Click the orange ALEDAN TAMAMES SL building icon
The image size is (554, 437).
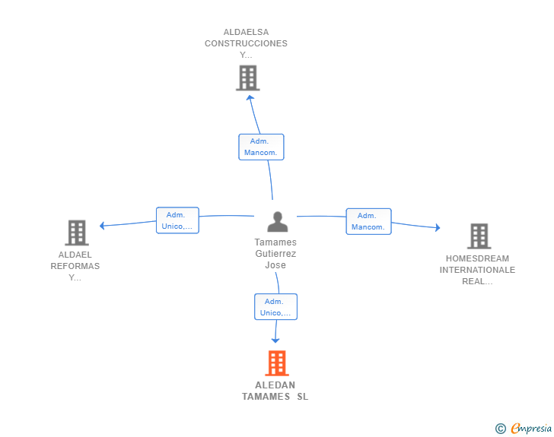[277, 363]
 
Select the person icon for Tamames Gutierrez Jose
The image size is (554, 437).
[278, 221]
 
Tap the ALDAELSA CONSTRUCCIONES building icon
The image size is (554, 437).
[247, 78]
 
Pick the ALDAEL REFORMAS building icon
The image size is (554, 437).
[76, 233]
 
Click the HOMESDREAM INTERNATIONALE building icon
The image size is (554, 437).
[479, 236]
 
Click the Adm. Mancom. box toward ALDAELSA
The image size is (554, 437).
[261, 147]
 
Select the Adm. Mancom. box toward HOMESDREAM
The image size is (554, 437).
[368, 221]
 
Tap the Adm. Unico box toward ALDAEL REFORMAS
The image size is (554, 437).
[177, 220]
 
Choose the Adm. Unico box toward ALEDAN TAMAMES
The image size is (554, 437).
[275, 307]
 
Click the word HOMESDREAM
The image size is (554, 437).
[477, 258]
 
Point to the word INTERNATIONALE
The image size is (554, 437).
[477, 270]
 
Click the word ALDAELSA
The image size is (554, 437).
[246, 32]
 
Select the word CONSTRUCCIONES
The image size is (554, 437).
[246, 43]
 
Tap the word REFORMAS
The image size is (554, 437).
[75, 266]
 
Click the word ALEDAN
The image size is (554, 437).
[275, 385]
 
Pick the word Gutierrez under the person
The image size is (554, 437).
[275, 254]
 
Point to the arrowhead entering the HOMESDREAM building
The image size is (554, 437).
[437, 227]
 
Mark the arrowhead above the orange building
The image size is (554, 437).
[275, 340]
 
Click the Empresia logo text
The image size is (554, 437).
[531, 429]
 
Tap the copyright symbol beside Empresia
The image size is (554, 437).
[500, 429]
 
